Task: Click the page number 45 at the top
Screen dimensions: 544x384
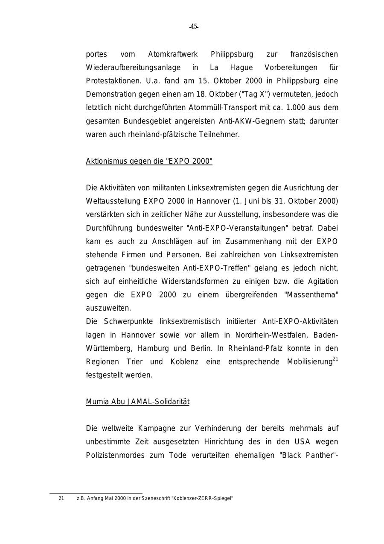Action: pyautogui.click(x=194, y=26)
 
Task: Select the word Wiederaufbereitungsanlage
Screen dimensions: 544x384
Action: pyautogui.click(x=133, y=68)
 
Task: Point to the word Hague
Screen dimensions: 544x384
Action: pyautogui.click(x=241, y=68)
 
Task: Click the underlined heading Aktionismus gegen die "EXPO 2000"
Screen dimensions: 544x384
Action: pyautogui.click(x=149, y=161)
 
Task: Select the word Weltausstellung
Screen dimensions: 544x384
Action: pyautogui.click(x=113, y=201)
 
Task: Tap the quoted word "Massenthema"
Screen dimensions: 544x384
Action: pyautogui.click(x=311, y=295)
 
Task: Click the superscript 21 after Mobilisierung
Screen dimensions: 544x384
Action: pyautogui.click(x=335, y=359)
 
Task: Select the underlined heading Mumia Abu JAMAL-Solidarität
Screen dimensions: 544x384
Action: pyautogui.click(x=137, y=402)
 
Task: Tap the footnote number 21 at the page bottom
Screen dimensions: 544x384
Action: pyautogui.click(x=61, y=498)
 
